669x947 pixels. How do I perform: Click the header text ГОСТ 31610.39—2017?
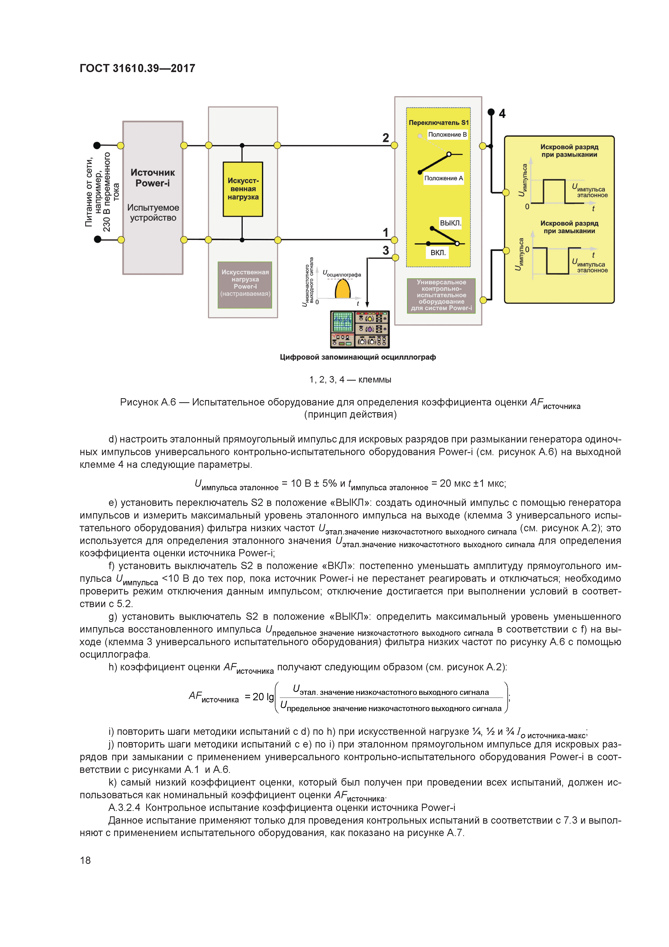click(x=137, y=69)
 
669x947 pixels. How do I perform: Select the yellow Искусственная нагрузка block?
click(x=243, y=189)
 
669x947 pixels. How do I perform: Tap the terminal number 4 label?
click(x=502, y=113)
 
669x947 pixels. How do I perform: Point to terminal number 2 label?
click(x=385, y=138)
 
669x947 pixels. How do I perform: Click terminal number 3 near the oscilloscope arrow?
click(x=385, y=250)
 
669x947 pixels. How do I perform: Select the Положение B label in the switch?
click(x=447, y=134)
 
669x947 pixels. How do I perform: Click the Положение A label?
click(x=443, y=178)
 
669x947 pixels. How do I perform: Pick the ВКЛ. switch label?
click(x=438, y=252)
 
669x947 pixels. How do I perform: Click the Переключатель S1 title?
click(x=439, y=123)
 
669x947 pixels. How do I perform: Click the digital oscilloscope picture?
click(x=359, y=329)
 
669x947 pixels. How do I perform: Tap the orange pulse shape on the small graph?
click(x=343, y=289)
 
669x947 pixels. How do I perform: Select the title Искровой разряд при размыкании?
click(x=569, y=151)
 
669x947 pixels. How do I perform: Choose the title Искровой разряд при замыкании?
click(x=569, y=227)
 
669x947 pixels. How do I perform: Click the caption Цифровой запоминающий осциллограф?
click(x=357, y=357)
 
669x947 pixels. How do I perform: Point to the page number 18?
click(x=85, y=860)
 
